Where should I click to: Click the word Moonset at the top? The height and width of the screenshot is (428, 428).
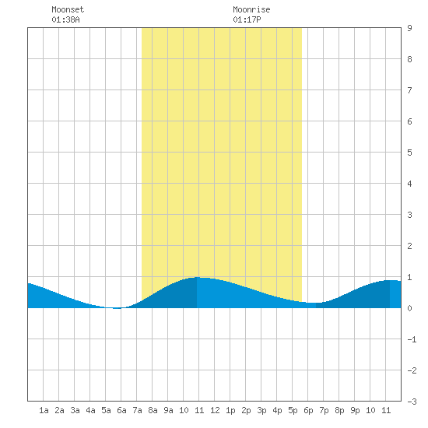(68, 9)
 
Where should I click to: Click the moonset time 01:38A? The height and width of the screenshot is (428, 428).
(65, 19)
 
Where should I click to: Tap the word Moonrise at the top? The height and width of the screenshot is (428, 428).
(251, 9)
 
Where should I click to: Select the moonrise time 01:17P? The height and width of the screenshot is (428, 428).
(247, 19)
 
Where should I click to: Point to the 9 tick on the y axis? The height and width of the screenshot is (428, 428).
(409, 28)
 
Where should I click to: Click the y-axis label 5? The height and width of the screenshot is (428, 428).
(409, 153)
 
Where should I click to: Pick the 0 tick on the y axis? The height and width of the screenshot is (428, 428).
(409, 308)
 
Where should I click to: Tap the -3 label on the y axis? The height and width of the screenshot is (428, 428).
(412, 402)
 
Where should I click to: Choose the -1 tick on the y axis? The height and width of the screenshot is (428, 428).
(412, 339)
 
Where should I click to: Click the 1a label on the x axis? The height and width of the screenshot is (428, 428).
(44, 410)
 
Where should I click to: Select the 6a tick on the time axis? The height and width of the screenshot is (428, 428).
(121, 410)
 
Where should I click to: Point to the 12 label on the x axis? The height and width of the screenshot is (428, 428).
(215, 410)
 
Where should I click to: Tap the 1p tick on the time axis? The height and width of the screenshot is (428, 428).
(230, 410)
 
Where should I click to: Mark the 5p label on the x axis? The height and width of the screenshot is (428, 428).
(293, 410)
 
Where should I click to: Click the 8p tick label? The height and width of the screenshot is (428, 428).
(339, 410)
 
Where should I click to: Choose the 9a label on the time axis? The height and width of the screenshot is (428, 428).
(168, 410)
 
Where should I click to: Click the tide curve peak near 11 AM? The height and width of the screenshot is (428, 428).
(198, 277)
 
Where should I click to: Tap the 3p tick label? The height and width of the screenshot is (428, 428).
(261, 410)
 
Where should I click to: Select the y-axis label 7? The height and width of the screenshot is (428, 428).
(409, 90)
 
